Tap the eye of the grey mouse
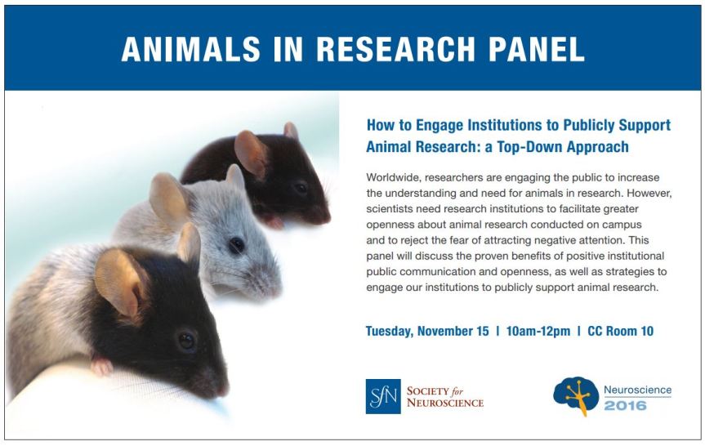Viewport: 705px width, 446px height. pyautogui.click(x=236, y=244)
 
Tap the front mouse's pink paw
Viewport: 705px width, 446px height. pyautogui.click(x=101, y=365)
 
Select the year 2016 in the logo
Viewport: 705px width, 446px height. pyautogui.click(x=626, y=405)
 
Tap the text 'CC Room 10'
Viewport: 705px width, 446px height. pyautogui.click(x=620, y=331)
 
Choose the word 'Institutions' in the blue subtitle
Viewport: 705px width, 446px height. pyautogui.click(x=497, y=126)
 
